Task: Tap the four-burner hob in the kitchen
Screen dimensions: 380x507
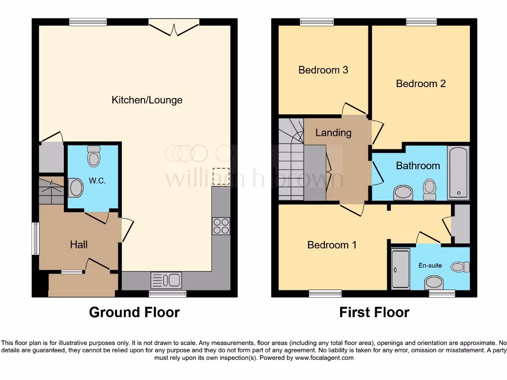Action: (x=221, y=226)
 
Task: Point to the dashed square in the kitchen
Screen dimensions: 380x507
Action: (x=218, y=177)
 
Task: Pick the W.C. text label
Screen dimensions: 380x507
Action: (x=98, y=181)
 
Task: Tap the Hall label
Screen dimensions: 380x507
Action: (x=79, y=244)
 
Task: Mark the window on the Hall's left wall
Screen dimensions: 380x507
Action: (x=36, y=239)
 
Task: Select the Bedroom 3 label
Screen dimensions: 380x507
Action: (x=323, y=70)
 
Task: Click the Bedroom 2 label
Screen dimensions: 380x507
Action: (x=420, y=84)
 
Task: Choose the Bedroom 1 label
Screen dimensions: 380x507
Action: (x=332, y=245)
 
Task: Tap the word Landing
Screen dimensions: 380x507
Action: (x=333, y=133)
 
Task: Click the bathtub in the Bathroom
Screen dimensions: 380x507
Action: (x=458, y=173)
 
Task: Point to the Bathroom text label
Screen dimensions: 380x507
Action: (x=417, y=166)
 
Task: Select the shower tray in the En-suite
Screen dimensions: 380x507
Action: (x=400, y=269)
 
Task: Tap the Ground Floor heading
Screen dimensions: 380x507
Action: (x=134, y=312)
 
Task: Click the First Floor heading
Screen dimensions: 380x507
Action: (x=374, y=312)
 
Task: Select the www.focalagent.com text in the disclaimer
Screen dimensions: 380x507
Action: (x=325, y=358)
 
